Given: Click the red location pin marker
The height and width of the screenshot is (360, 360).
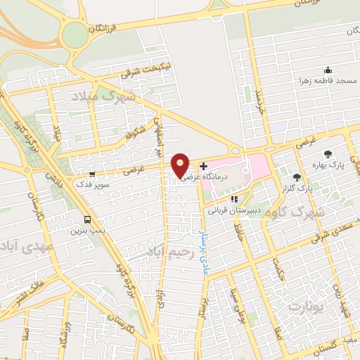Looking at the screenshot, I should click(181, 165).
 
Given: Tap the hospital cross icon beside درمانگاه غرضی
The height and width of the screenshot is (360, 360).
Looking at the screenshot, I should click(203, 167).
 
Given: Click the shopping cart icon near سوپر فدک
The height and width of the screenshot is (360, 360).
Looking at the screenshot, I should click(92, 173).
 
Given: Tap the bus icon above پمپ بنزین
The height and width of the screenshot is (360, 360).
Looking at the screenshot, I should click(86, 219).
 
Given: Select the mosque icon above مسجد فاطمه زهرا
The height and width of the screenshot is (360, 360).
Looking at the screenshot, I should click(327, 70).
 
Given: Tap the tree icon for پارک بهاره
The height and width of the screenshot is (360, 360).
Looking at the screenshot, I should click(327, 154).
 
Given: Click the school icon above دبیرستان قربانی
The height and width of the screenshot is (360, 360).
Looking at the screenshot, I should click(234, 199).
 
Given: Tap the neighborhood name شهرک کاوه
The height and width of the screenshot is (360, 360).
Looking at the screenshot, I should click(328, 212).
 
